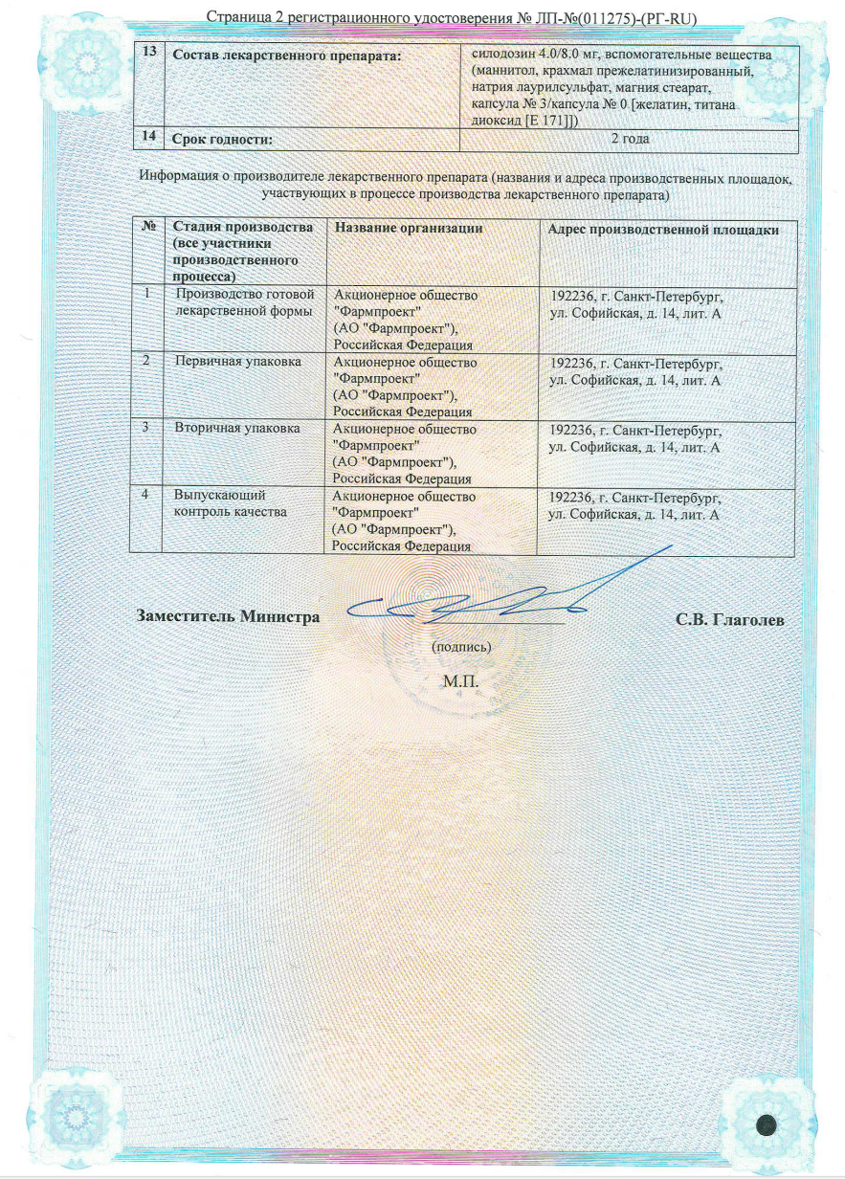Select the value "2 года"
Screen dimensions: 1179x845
[x=630, y=140]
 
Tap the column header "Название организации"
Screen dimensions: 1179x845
[x=408, y=229]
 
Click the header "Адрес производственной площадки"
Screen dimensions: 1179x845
[x=662, y=230]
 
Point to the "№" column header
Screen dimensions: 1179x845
[x=149, y=228]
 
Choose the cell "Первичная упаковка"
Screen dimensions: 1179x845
[x=238, y=362]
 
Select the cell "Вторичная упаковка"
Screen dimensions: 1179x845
[x=237, y=429]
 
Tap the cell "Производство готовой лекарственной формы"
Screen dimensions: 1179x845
[x=245, y=302]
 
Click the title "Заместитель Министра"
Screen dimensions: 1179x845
[x=229, y=617]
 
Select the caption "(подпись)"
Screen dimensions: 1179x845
[x=462, y=647]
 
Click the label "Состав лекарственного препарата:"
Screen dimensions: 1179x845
[x=285, y=56]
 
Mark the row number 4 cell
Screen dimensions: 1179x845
[x=145, y=496]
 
